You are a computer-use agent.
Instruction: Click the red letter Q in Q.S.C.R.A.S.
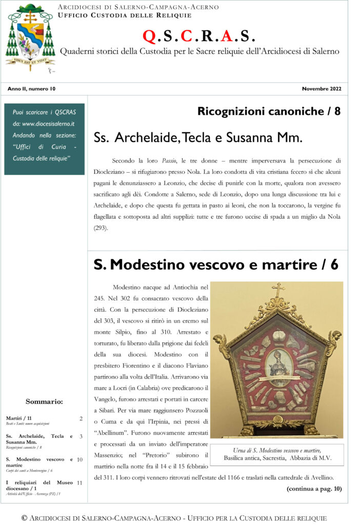[148, 36]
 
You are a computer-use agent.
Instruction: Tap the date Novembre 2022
[322, 89]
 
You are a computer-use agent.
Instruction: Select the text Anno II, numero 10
[31, 89]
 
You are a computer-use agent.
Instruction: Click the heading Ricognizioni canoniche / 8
[269, 111]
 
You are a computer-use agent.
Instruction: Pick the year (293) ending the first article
[101, 228]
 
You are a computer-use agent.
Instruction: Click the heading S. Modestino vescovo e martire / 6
[216, 265]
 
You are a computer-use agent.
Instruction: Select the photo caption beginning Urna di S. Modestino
[277, 454]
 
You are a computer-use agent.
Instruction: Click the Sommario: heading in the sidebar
[44, 401]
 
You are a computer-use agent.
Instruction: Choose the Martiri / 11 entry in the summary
[19, 418]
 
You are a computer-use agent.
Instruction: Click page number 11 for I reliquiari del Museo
[79, 482]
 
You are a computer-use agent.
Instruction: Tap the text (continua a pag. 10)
[314, 488]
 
